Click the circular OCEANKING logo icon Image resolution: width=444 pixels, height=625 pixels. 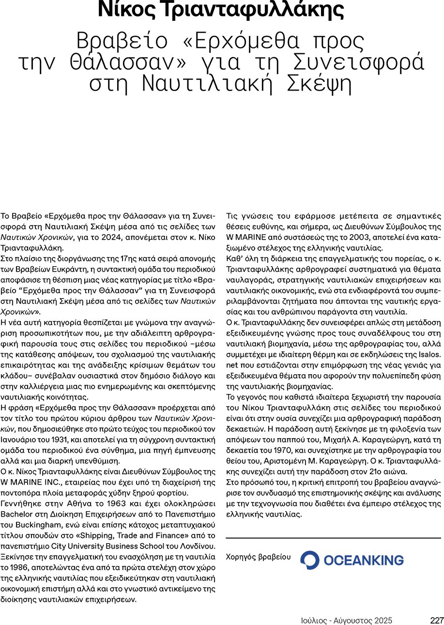309,560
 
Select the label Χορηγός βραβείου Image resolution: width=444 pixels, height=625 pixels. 259,557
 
